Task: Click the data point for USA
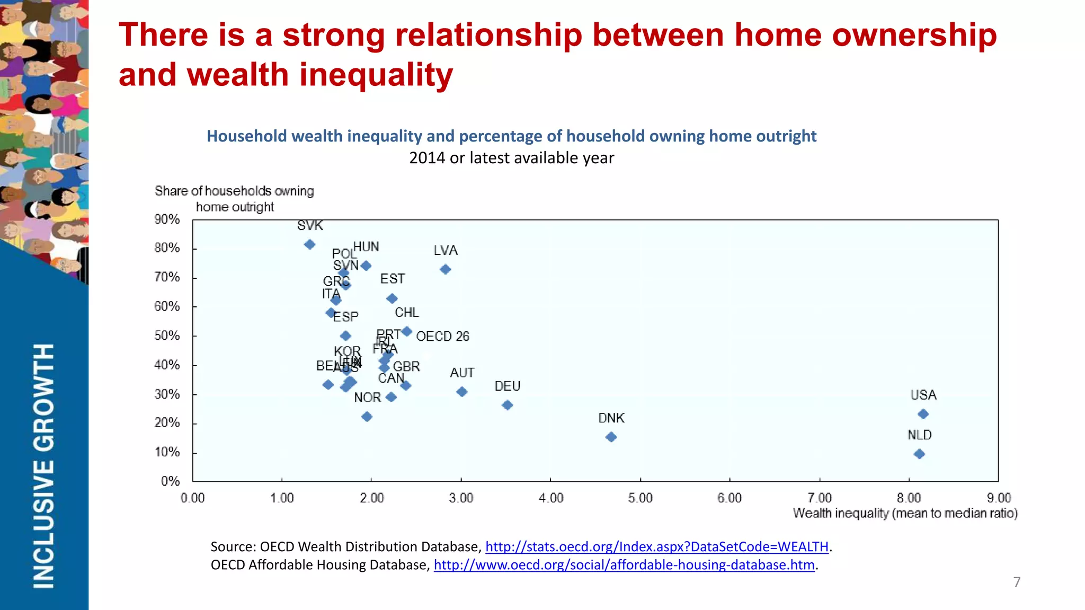[x=923, y=414]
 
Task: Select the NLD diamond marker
[x=919, y=454]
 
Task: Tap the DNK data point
[x=611, y=437]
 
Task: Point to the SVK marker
[x=310, y=244]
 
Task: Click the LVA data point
[x=445, y=269]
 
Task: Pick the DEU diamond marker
[x=507, y=405]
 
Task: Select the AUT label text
[x=462, y=373]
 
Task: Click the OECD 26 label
[x=442, y=337]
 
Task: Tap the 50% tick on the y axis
[x=167, y=335]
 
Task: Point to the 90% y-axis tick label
[x=167, y=219]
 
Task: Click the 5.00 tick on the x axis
[x=640, y=498]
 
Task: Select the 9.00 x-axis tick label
[x=999, y=498]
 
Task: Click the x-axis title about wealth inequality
[x=905, y=513]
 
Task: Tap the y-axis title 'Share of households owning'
[x=234, y=191]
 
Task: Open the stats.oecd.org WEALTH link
[x=656, y=546]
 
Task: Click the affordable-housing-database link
[x=624, y=565]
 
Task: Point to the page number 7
[x=1017, y=582]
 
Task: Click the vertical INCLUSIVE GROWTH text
[x=44, y=465]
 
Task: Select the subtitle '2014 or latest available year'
[x=511, y=158]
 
